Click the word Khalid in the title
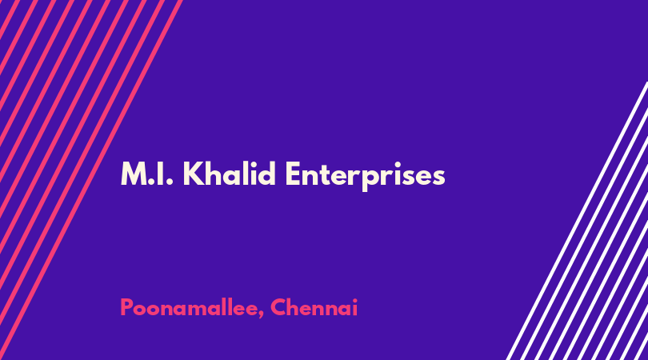[x=229, y=174]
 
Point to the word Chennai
[x=314, y=307]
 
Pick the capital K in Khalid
[x=193, y=174]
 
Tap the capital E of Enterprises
[x=293, y=174]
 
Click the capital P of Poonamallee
[x=126, y=307]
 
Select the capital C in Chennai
[x=278, y=307]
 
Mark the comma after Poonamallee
[x=261, y=316]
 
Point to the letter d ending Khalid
[x=266, y=174]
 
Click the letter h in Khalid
[x=213, y=174]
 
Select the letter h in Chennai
[x=294, y=307]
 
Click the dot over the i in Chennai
[x=354, y=300]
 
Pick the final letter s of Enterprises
[x=438, y=177]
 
